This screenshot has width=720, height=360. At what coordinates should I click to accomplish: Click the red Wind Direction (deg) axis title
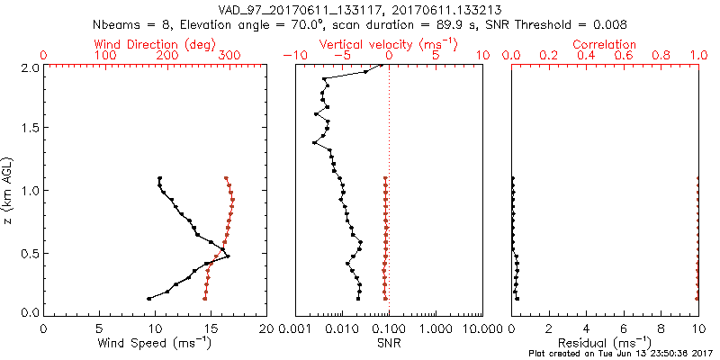(x=155, y=44)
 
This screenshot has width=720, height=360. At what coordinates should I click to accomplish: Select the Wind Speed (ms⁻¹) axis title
(x=155, y=343)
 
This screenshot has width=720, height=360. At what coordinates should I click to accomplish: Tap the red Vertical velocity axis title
(x=389, y=44)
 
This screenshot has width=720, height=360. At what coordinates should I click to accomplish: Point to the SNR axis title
(x=389, y=343)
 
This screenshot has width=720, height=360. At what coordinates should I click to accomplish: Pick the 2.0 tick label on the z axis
(x=29, y=67)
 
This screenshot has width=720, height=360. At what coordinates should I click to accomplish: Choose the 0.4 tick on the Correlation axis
(x=587, y=56)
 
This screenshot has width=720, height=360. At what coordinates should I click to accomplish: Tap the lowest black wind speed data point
(x=149, y=298)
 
